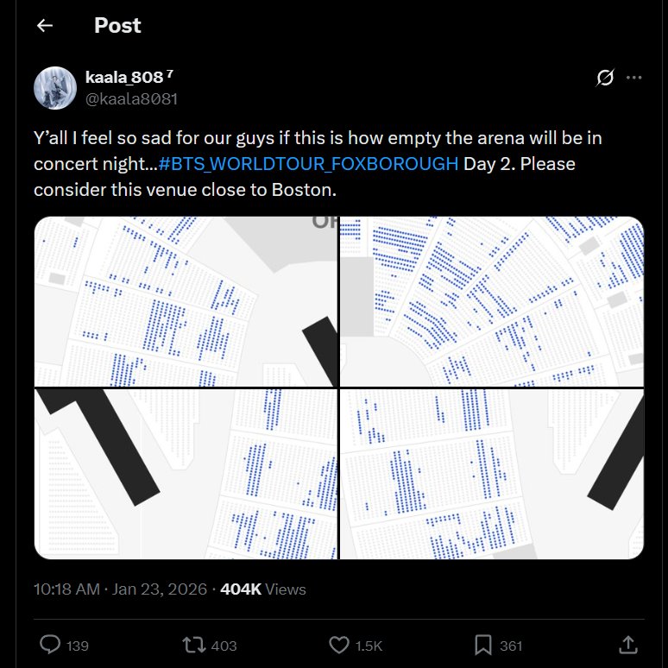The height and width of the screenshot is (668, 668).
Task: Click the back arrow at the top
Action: tap(45, 26)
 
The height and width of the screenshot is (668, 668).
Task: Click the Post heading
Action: tap(117, 26)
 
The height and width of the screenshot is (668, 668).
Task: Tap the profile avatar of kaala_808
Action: tap(54, 87)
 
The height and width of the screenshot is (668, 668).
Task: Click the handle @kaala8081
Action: tap(131, 98)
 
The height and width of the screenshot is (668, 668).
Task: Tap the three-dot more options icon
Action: tap(633, 78)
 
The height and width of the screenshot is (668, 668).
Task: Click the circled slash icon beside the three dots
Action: tap(605, 78)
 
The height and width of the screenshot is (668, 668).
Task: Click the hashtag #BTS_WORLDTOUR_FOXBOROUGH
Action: tap(308, 164)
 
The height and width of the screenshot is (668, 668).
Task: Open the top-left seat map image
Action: tap(186, 301)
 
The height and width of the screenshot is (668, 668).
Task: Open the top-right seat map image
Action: tap(491, 301)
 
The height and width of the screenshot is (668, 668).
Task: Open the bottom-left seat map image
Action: tap(186, 474)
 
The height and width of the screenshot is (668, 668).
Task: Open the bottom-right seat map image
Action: tap(491, 474)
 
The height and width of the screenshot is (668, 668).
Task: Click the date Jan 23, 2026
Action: tap(161, 589)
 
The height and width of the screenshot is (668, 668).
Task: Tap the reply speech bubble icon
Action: tap(50, 645)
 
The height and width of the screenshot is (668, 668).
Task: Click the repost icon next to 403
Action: tap(194, 645)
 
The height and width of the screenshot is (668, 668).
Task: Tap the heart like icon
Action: tap(339, 645)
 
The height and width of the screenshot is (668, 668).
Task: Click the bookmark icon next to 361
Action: tap(483, 645)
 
